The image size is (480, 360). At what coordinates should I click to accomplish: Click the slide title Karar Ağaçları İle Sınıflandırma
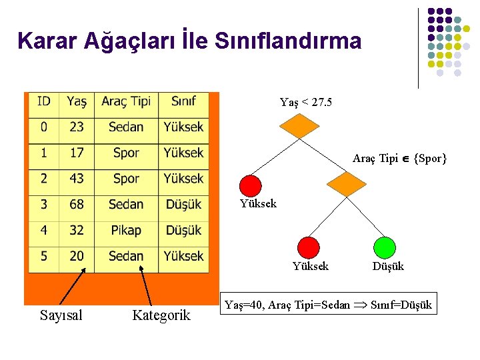point(189,41)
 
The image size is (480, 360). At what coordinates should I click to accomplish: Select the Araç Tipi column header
point(126,101)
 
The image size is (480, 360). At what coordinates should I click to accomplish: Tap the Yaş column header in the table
point(77,101)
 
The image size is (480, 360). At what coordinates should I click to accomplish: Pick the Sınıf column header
point(183,101)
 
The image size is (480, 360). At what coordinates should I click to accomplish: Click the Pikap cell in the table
point(126,230)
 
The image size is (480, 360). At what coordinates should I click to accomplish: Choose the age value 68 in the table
point(77,204)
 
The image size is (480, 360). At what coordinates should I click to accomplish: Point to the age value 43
point(77,179)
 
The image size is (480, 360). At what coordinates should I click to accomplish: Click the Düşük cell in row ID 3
point(183,204)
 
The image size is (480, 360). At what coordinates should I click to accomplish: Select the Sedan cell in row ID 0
point(126,127)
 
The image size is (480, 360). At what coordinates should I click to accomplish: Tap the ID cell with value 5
point(44,256)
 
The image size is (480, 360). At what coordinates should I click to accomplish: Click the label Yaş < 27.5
point(306,102)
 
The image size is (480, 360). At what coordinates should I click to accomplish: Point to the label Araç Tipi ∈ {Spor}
point(399,159)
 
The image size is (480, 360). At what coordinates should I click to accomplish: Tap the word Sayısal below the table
point(61,315)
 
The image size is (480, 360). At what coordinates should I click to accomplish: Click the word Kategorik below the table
point(161,315)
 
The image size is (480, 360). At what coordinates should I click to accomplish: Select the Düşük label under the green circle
point(388,267)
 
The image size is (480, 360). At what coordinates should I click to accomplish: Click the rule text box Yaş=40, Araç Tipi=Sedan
point(328,305)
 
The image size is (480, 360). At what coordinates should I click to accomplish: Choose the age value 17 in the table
point(77,153)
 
